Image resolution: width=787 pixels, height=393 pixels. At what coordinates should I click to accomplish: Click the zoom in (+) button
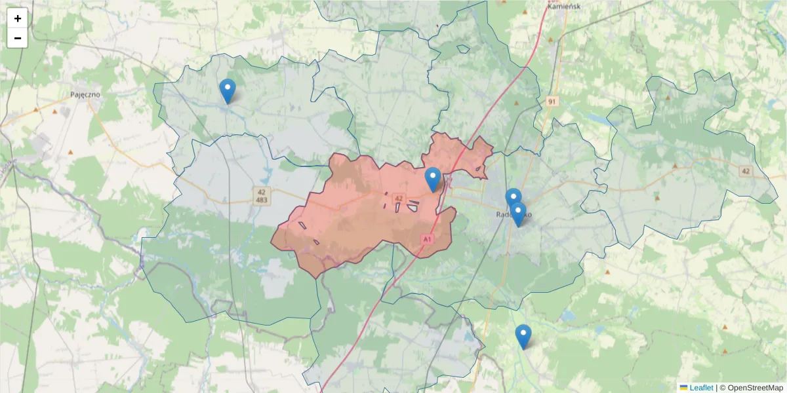[x=18, y=18]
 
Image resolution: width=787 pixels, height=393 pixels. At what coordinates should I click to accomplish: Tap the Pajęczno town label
[x=85, y=94]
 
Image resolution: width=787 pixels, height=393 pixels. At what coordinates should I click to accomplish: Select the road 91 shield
[x=551, y=101]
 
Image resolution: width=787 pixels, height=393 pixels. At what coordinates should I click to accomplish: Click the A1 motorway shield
[x=427, y=240]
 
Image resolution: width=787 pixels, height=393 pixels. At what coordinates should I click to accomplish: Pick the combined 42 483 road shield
[x=262, y=195]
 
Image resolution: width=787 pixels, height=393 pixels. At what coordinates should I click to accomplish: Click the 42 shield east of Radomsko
[x=744, y=171]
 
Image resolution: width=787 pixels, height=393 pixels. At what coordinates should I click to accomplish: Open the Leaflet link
[x=701, y=387]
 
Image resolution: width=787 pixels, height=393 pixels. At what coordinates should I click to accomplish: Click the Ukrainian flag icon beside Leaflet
[x=683, y=387]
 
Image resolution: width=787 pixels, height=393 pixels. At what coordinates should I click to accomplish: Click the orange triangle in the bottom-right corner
[x=725, y=327]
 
